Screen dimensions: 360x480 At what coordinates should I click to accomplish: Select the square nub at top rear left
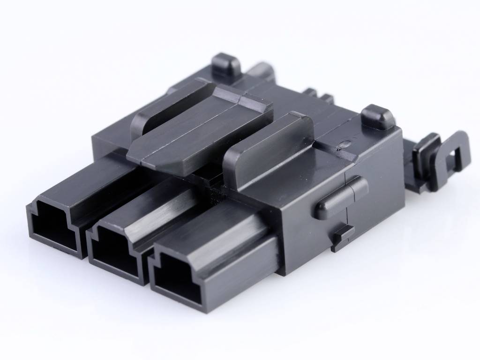coord(226,66)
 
